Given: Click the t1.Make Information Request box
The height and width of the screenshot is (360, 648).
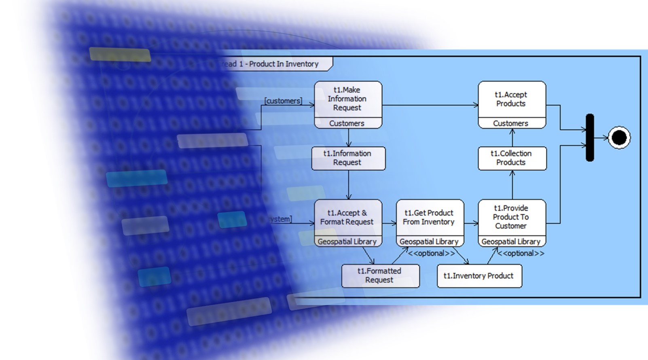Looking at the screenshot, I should tap(347, 99).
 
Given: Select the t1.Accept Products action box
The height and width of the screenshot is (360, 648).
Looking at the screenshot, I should tap(511, 99).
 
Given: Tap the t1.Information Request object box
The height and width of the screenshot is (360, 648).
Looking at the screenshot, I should tap(348, 158).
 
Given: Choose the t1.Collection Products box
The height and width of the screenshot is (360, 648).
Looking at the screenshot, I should tap(512, 158).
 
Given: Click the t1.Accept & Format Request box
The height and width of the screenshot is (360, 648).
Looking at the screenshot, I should tap(347, 218).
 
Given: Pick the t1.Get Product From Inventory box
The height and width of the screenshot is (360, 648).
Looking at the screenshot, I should tap(429, 218).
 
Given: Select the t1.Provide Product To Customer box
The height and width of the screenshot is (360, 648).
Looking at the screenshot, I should tap(511, 217).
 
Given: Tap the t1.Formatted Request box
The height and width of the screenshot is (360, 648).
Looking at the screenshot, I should tap(380, 276).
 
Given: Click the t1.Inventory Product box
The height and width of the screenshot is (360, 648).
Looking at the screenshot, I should tap(479, 276).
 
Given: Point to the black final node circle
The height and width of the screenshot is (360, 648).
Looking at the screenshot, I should tap(619, 138).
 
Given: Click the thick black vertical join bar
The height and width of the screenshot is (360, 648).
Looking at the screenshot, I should tap(590, 138).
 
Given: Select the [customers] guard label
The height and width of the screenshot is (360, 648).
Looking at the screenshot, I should tap(283, 101).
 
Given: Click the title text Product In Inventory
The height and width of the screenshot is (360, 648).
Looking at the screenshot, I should tap(284, 64).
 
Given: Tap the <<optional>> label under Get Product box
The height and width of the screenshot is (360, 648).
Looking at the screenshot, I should tap(431, 254).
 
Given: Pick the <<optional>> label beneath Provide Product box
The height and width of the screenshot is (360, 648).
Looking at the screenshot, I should tap(521, 254).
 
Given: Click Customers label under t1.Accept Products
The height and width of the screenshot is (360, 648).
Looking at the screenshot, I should tap(511, 123).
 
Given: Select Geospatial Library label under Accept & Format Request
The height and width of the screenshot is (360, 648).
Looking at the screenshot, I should tap(347, 242).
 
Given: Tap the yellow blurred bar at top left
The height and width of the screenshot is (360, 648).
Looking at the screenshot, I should tap(120, 54).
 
